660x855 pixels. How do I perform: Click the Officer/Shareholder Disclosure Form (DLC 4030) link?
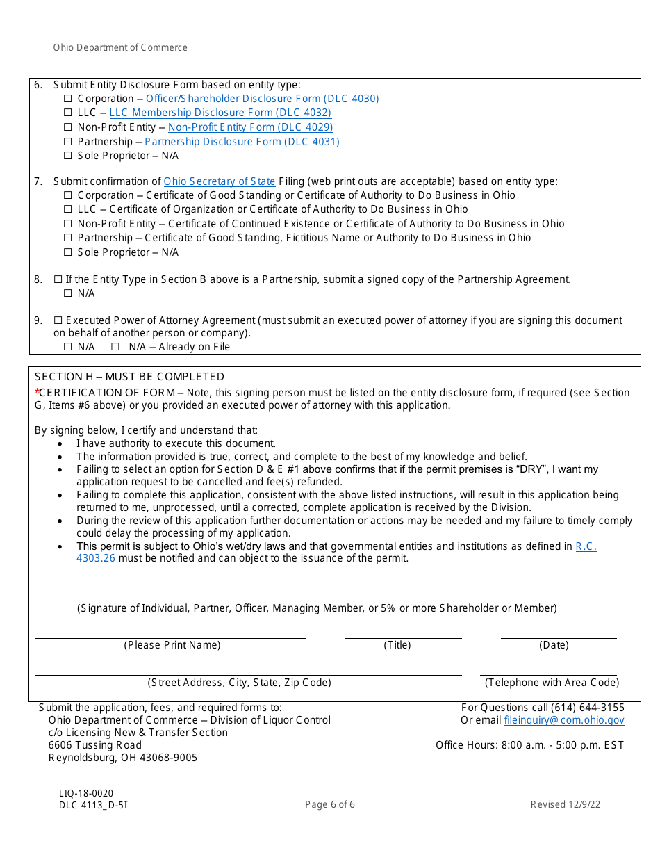tap(262, 99)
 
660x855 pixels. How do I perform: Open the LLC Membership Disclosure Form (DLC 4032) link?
tap(220, 113)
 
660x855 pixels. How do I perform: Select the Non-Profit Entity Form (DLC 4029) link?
tap(250, 127)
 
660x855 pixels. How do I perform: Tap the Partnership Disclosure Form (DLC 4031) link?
tap(242, 142)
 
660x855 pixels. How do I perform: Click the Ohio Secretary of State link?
tap(220, 181)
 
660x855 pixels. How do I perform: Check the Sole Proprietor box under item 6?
tap(68, 156)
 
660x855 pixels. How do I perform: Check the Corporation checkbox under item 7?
tap(68, 195)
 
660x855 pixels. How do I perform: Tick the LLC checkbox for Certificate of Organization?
tap(68, 209)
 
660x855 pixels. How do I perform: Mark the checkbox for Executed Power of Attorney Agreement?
tap(58, 320)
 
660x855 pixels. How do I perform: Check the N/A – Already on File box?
tap(115, 347)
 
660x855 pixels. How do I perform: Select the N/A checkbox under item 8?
tap(68, 293)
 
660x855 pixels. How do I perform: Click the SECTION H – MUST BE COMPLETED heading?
tap(129, 377)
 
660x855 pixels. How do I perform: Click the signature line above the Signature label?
tap(325, 600)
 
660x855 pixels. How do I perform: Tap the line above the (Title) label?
tap(403, 637)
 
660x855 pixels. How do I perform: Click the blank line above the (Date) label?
tap(558, 637)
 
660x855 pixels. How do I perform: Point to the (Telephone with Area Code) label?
tap(552, 683)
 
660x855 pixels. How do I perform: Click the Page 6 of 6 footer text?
tap(330, 805)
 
